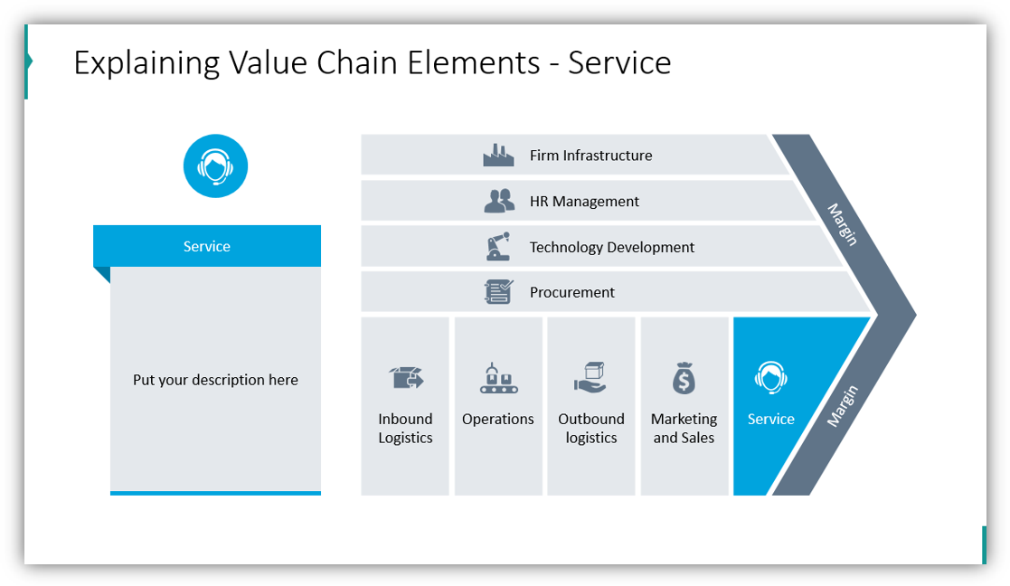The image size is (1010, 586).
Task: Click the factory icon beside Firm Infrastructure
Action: [498, 156]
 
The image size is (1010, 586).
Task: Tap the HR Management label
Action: [584, 202]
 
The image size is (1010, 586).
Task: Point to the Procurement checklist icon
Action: [498, 292]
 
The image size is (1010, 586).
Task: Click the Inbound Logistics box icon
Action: [405, 377]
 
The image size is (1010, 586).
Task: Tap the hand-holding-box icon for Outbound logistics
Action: [590, 377]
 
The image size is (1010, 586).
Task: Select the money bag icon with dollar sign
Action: [684, 378]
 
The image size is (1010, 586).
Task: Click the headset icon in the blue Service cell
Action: [770, 378]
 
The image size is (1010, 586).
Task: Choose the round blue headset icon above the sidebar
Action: [215, 166]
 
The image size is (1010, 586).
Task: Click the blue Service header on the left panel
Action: [207, 246]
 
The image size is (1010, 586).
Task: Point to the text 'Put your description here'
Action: [215, 380]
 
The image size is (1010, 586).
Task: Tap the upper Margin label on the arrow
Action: [842, 224]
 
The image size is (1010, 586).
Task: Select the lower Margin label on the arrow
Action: [843, 406]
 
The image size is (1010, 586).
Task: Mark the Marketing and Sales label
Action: [684, 429]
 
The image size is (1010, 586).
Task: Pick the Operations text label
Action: [498, 420]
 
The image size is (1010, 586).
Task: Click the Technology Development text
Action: [612, 247]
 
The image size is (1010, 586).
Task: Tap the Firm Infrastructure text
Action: [590, 156]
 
